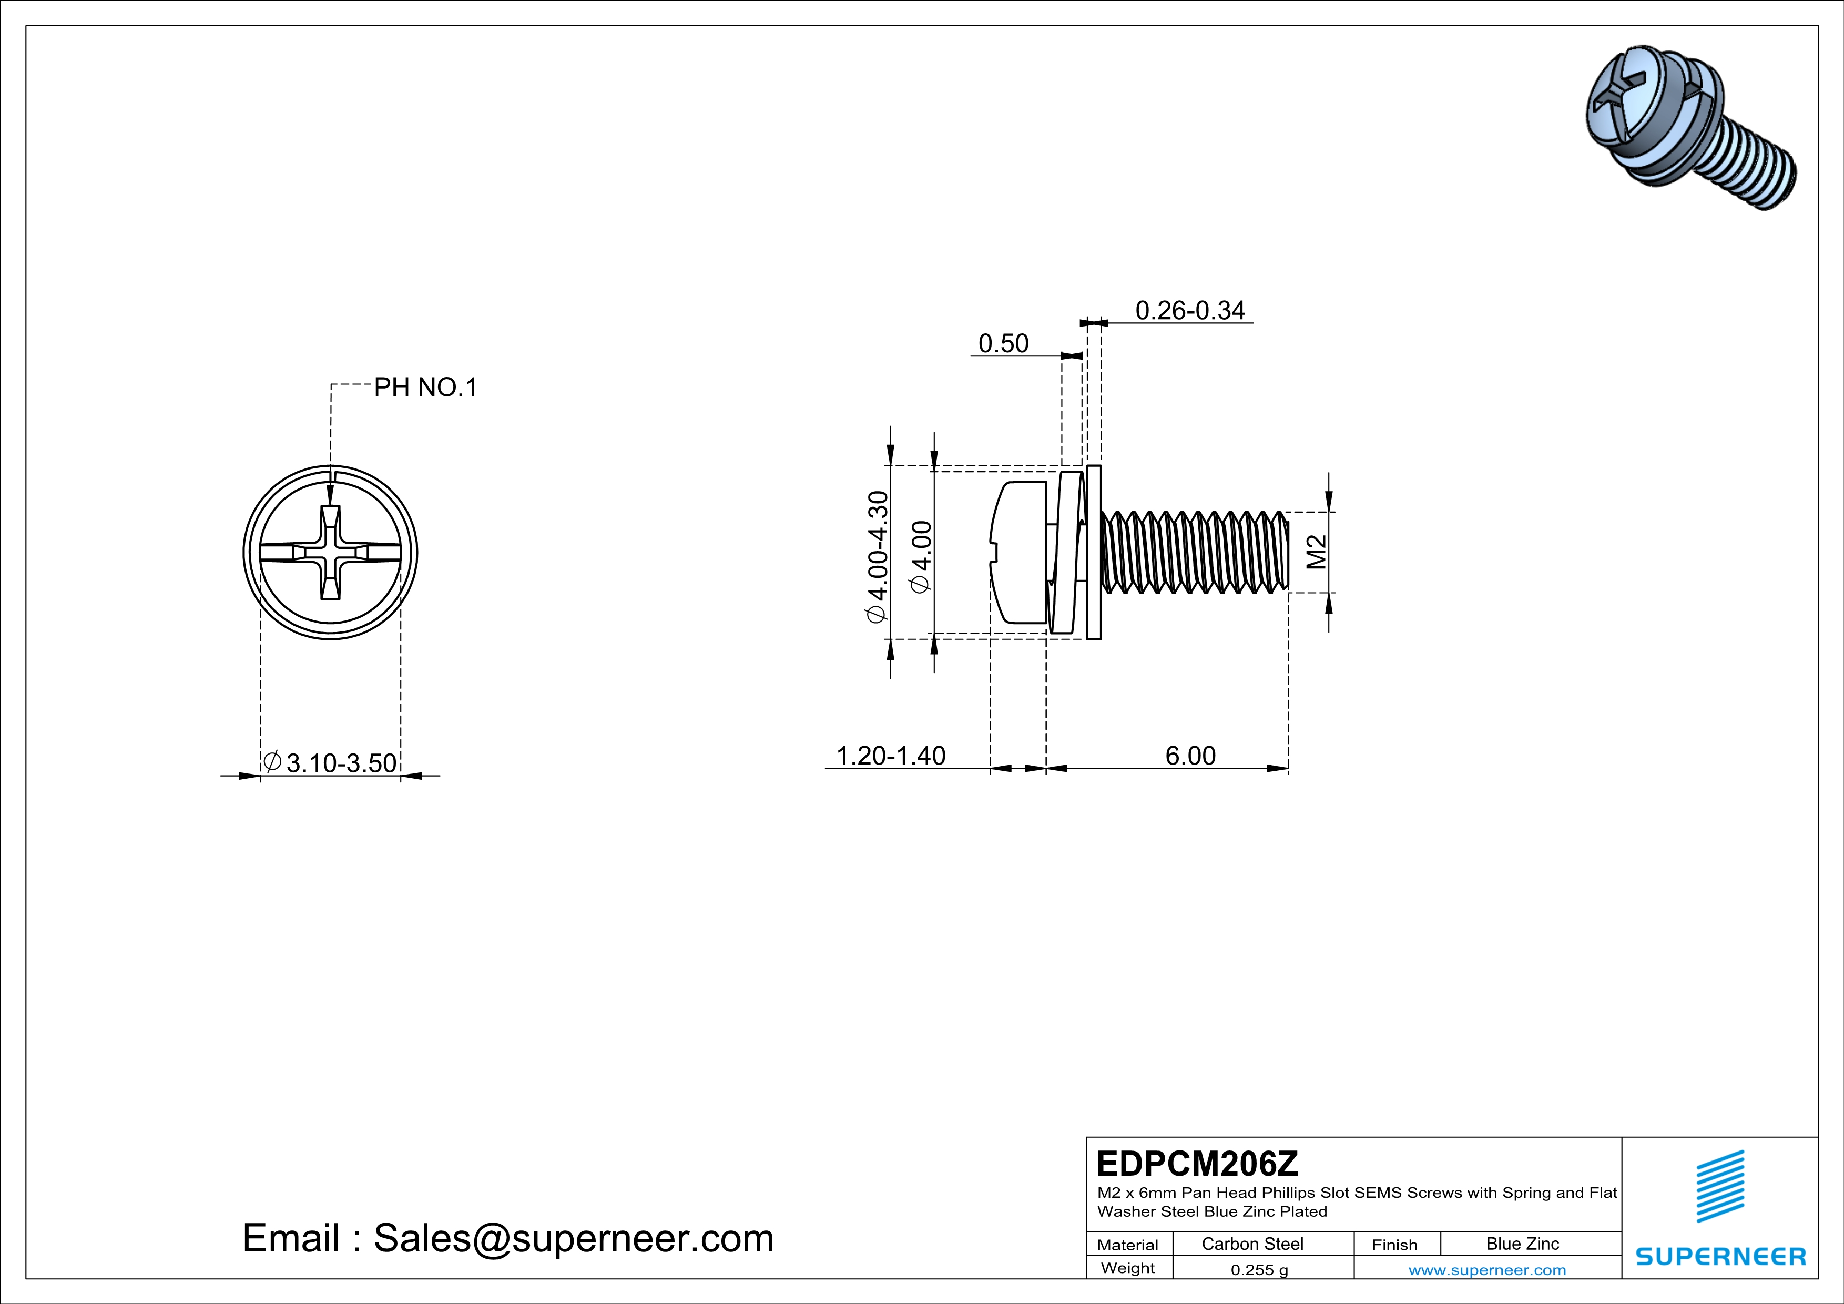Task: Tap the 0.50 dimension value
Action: click(1003, 344)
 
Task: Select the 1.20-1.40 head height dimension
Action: click(891, 756)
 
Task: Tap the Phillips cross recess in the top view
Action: click(330, 553)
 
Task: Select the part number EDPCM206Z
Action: click(1197, 1164)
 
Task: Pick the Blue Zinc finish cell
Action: click(1522, 1244)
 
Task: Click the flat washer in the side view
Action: click(1093, 553)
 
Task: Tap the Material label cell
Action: click(1128, 1245)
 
